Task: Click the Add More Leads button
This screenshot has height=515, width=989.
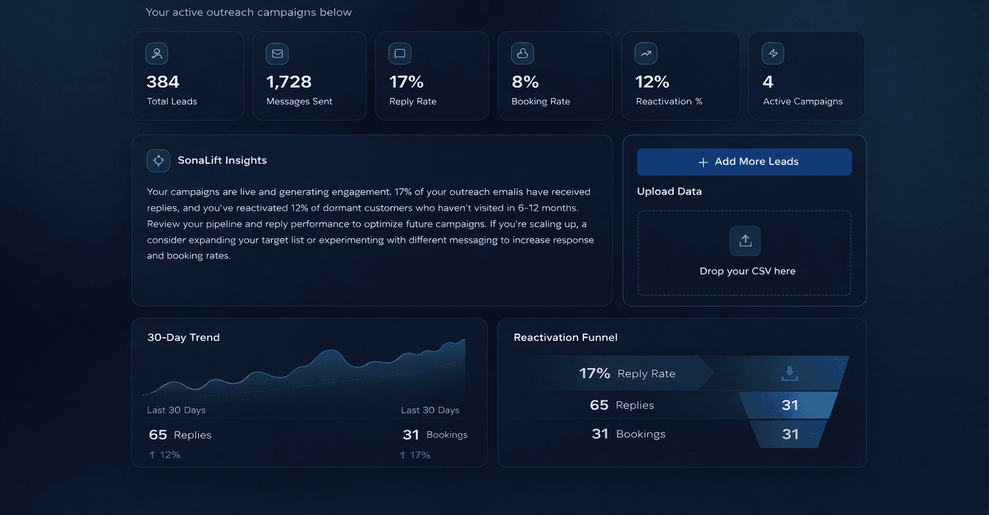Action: click(744, 162)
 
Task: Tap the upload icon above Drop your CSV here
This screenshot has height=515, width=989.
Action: click(745, 241)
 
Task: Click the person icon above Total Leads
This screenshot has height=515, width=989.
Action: click(156, 53)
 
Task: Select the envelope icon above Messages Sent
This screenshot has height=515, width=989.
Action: click(278, 53)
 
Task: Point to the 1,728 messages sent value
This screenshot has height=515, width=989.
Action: click(288, 82)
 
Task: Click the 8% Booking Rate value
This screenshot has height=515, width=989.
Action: click(525, 82)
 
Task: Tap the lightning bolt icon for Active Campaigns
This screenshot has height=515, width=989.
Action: click(773, 53)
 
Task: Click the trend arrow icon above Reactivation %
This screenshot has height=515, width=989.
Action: click(646, 53)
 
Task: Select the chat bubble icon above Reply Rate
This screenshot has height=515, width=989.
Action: click(400, 53)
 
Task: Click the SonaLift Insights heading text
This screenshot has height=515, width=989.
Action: click(222, 160)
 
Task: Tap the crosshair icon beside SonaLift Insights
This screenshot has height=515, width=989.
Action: click(158, 160)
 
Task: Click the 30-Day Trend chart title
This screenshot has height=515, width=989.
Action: click(184, 338)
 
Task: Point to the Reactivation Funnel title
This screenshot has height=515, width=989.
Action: click(565, 338)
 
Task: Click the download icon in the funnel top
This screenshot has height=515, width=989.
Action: click(789, 373)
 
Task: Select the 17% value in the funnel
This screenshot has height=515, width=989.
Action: click(594, 374)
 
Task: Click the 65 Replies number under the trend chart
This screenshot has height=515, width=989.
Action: click(158, 435)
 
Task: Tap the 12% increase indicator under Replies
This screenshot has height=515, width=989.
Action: click(165, 455)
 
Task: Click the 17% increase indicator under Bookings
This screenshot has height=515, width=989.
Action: click(415, 455)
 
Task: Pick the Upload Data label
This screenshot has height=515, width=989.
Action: click(669, 191)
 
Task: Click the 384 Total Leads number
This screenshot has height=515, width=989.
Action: click(163, 82)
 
